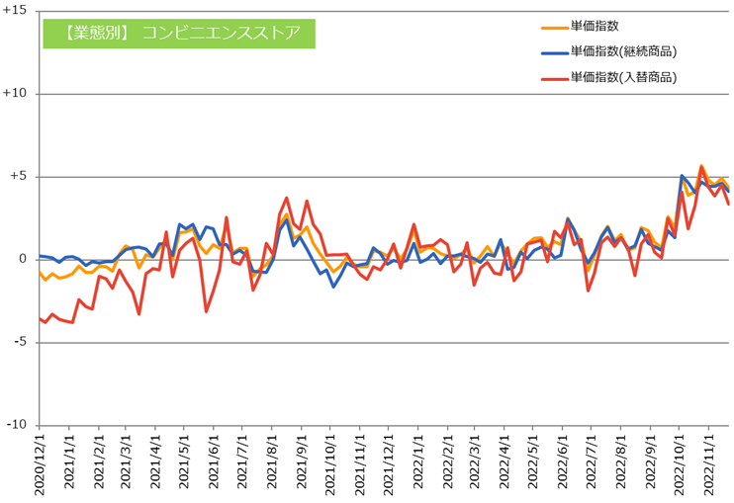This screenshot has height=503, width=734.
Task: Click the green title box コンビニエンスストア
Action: (x=178, y=32)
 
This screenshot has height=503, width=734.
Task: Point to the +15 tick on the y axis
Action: (x=17, y=11)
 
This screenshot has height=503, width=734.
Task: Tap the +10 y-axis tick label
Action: (x=17, y=94)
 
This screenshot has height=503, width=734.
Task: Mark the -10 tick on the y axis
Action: (x=19, y=425)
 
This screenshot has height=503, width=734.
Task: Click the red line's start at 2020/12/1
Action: (x=40, y=318)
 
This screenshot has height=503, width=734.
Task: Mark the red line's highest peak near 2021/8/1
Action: (x=287, y=198)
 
